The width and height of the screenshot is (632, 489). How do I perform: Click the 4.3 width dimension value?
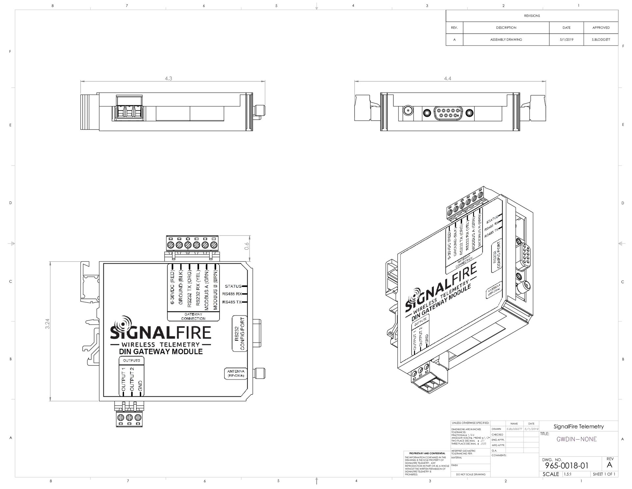point(169,78)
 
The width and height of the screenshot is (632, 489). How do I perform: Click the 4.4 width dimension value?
point(447,78)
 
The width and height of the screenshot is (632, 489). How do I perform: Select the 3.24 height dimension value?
point(48,323)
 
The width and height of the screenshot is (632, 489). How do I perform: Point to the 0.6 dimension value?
point(247,246)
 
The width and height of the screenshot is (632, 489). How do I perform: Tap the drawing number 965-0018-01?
point(566,466)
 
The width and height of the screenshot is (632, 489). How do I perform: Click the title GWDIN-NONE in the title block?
point(576,439)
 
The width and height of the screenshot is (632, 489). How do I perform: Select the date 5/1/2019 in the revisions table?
point(566,40)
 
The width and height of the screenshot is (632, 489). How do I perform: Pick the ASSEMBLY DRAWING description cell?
point(506,40)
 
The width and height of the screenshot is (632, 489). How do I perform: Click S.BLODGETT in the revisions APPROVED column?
point(601,40)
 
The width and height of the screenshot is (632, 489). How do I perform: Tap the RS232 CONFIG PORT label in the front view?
point(240,333)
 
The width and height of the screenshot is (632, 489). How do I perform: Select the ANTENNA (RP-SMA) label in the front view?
point(236,373)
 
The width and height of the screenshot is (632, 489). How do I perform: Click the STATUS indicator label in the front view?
point(233,286)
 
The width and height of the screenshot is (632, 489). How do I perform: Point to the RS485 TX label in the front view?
point(232,302)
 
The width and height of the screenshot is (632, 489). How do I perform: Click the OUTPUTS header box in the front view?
point(131,360)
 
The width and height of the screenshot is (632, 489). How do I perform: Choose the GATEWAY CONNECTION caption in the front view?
point(193,316)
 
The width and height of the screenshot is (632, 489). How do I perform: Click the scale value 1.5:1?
point(567,474)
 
